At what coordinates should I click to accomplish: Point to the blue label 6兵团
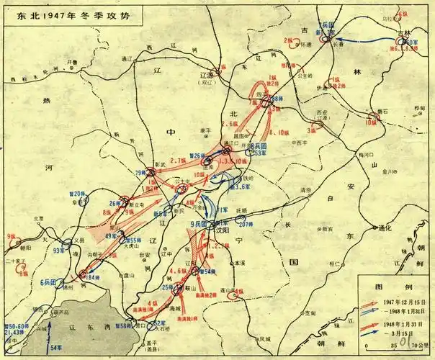[x=50, y=282]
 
